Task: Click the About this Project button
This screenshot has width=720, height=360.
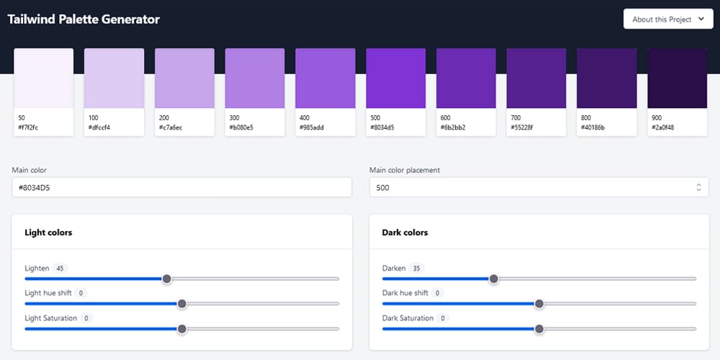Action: click(667, 19)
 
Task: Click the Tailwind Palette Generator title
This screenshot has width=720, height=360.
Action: click(84, 19)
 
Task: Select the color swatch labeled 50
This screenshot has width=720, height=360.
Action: click(44, 78)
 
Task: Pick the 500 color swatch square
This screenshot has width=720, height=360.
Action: click(396, 78)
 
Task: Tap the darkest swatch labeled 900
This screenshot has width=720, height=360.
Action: click(678, 78)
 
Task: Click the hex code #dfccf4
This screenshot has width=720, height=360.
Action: click(99, 127)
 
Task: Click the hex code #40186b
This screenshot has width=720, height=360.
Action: click(593, 127)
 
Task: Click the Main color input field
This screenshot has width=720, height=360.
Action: click(181, 187)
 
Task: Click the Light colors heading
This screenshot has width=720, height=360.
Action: click(48, 233)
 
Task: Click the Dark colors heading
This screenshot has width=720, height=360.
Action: click(405, 233)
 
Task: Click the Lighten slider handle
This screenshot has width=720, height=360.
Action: click(166, 279)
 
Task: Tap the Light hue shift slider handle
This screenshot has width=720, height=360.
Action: click(182, 304)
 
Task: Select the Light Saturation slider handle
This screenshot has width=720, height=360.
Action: click(182, 329)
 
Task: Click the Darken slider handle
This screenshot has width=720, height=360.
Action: click(493, 279)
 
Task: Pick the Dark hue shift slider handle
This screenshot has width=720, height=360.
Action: click(539, 304)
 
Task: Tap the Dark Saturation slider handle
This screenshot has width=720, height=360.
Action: click(539, 329)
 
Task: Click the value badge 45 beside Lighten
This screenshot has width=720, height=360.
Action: click(60, 269)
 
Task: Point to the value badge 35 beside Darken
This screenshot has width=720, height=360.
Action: click(416, 269)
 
